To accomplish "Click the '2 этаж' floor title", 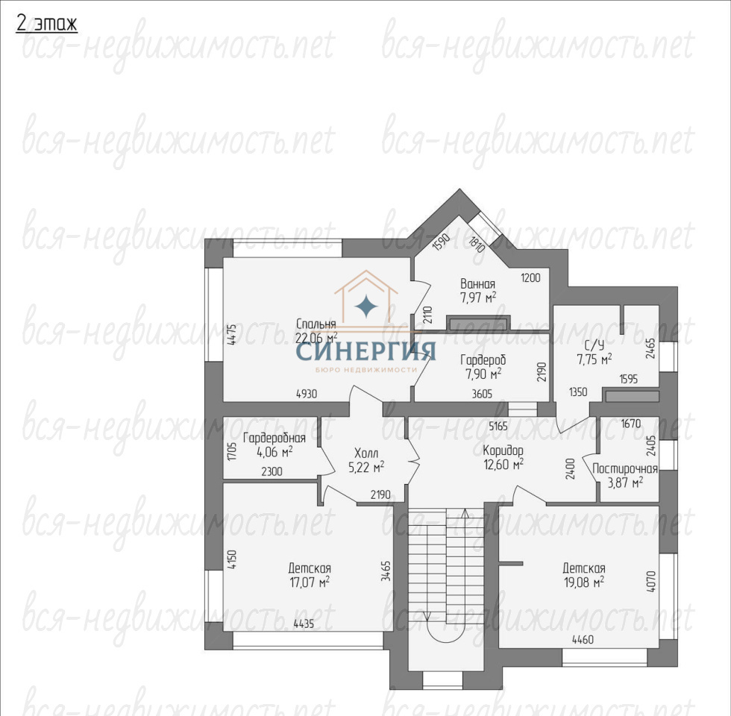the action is [x=46, y=23].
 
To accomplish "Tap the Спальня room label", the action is [x=316, y=324].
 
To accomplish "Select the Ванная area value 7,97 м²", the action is [x=478, y=298].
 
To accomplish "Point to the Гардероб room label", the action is [x=483, y=359].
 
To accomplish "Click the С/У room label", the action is [x=594, y=345].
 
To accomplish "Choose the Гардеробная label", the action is [x=274, y=438].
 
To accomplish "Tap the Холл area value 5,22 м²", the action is [x=366, y=467].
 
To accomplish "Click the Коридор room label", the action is [x=503, y=450].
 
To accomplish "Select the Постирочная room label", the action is [x=625, y=469].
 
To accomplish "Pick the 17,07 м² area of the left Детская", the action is [x=310, y=582].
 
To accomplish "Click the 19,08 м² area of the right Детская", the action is [x=584, y=582].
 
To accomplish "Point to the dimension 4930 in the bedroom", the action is [x=307, y=394].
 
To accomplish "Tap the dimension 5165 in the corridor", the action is [x=498, y=426].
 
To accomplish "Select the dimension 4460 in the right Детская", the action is [x=583, y=640].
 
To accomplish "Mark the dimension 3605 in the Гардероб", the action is [x=482, y=394].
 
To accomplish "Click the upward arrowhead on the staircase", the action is [x=465, y=513].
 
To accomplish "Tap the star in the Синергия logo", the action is [x=366, y=307].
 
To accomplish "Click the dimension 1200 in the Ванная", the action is [x=530, y=277].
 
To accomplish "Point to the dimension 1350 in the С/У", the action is [x=578, y=392].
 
